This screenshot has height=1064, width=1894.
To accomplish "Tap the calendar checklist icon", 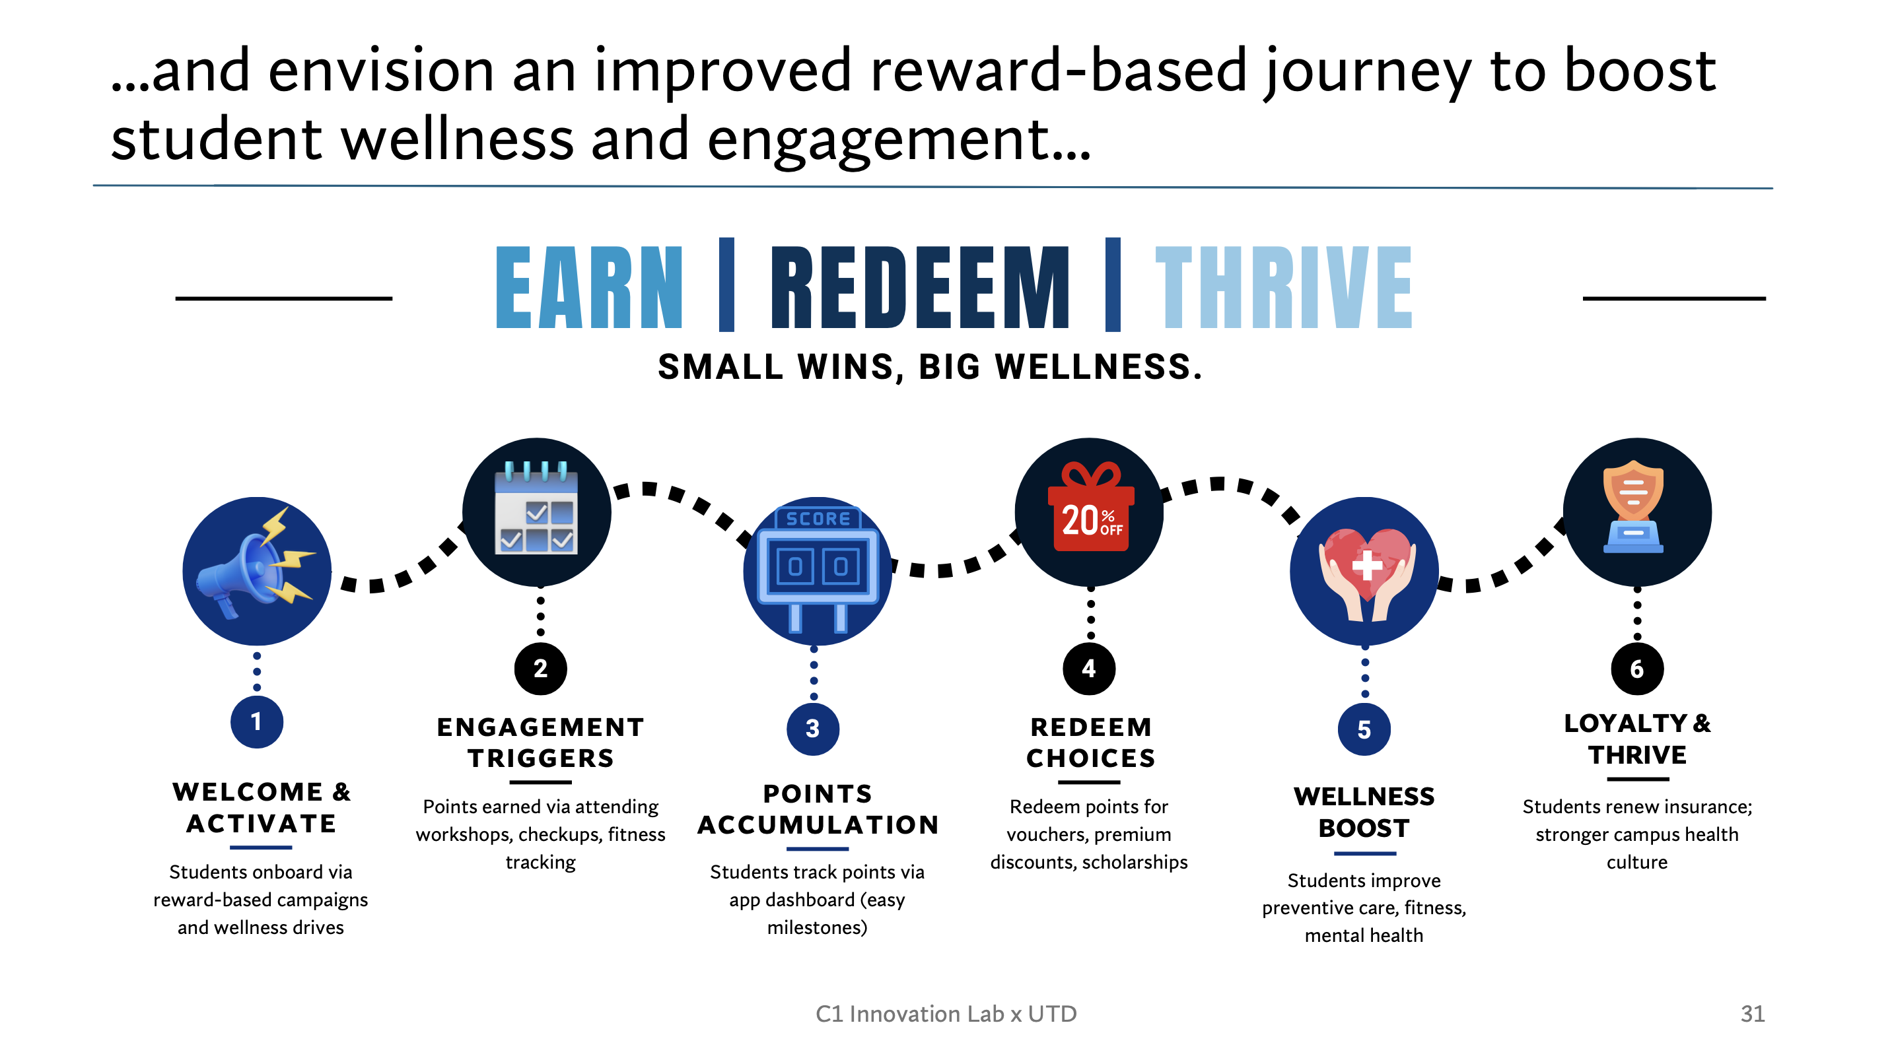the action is tap(537, 508).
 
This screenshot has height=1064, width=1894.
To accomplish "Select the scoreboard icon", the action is tap(818, 569).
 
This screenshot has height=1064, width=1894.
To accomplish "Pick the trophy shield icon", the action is tap(1634, 507).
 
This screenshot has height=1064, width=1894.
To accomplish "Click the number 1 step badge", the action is tap(257, 721).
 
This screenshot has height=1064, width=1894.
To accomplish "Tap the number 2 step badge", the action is tap(540, 669).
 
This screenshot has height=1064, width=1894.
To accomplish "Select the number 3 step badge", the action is tap(812, 729).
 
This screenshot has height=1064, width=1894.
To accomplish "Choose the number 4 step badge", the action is tap(1089, 669).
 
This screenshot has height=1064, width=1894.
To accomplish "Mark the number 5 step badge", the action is tap(1364, 729).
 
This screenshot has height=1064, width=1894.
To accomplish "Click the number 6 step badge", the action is tap(1636, 669).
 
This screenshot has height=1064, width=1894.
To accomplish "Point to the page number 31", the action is tap(1753, 1014).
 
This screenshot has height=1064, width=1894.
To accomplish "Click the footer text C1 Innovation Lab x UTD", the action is tap(946, 1014).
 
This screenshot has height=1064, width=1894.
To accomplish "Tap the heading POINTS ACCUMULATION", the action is tap(818, 809).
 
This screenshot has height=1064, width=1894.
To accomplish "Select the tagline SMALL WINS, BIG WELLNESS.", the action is tap(930, 367).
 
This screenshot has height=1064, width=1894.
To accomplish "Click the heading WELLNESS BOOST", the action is tap(1364, 812).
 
